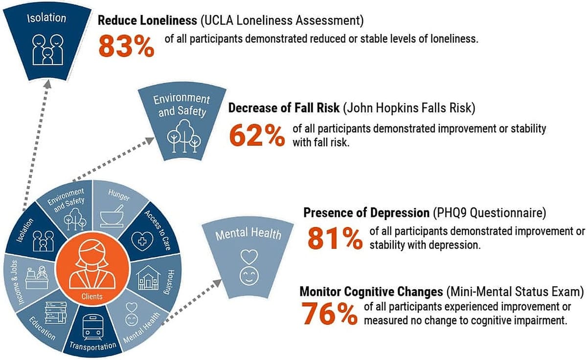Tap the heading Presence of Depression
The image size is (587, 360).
tap(366, 213)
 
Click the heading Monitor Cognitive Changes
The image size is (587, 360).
tap(371, 292)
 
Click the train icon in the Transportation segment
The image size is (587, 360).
tap(91, 327)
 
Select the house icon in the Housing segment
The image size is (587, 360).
tap(148, 278)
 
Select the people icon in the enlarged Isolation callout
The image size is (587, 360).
tap(47, 49)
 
